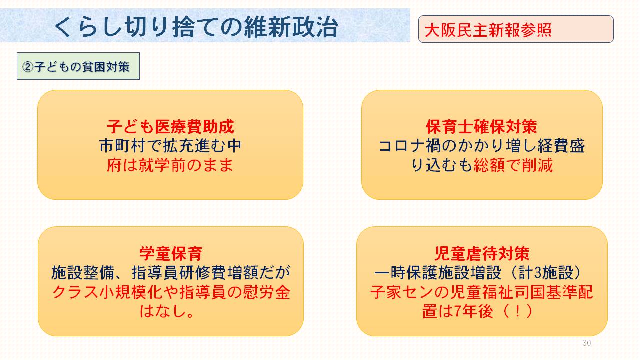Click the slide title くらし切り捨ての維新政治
(196, 27)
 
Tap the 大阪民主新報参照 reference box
(516, 29)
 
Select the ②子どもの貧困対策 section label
(78, 66)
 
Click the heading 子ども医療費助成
(171, 127)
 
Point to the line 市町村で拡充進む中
(171, 146)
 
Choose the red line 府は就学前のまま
(170, 165)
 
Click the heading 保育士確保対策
(481, 127)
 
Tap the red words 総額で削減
(513, 165)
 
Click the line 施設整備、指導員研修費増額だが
(171, 273)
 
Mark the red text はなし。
(167, 311)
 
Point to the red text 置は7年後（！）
(477, 311)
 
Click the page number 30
(587, 343)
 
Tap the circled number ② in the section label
(28, 67)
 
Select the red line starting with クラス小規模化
(171, 292)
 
